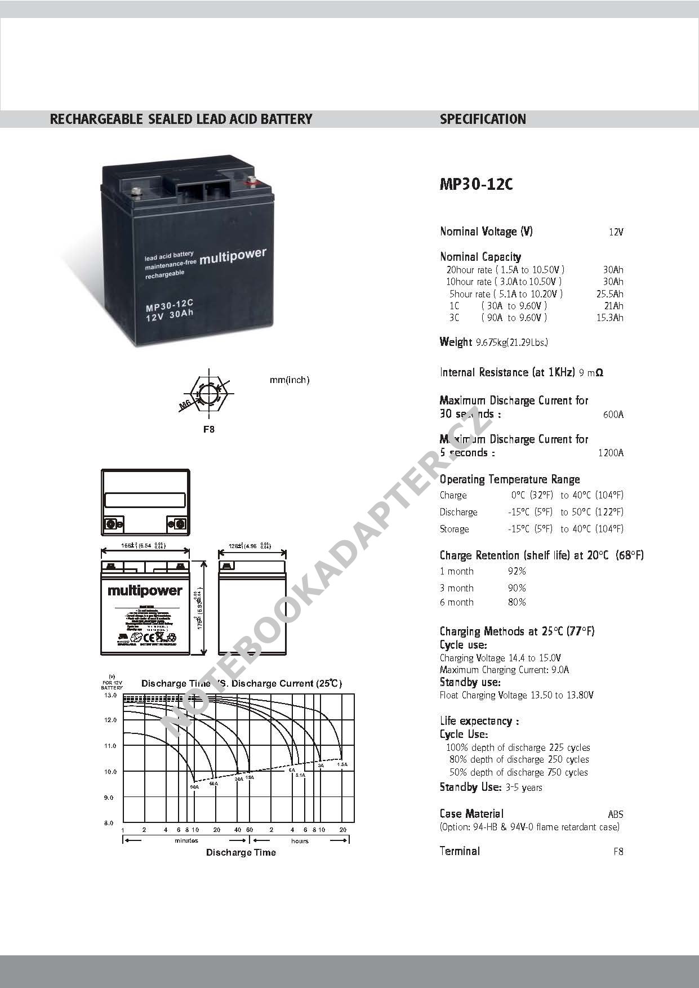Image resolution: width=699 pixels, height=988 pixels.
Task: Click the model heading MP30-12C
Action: [x=476, y=185]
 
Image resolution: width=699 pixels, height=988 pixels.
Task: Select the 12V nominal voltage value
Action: [x=616, y=232]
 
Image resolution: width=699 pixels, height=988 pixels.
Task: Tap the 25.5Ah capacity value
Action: [x=609, y=294]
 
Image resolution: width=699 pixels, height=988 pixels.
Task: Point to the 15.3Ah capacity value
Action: [x=609, y=318]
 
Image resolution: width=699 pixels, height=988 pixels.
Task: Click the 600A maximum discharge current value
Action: [x=613, y=415]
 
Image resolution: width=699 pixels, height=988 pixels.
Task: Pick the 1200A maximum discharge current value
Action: [x=611, y=453]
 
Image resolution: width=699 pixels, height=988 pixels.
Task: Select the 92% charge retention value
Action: [x=517, y=571]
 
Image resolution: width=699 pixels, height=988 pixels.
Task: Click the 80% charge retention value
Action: [x=517, y=602]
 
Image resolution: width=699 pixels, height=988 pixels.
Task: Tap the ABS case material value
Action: [x=615, y=814]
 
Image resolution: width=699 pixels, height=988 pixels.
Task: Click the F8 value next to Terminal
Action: [x=618, y=852]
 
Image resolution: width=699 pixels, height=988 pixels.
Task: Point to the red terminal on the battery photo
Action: [x=252, y=181]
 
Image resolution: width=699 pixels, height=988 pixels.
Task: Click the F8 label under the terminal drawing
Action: [x=209, y=429]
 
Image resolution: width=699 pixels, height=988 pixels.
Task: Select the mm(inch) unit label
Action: [x=290, y=380]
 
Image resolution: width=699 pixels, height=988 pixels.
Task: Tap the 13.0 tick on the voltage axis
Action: [x=110, y=695]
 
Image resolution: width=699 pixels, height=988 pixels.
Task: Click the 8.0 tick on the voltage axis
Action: [x=109, y=823]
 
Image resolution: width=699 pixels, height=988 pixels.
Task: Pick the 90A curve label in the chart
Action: [x=194, y=786]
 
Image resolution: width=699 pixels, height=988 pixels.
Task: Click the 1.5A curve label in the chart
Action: [x=342, y=764]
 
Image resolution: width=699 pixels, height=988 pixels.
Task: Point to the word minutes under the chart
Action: [x=186, y=840]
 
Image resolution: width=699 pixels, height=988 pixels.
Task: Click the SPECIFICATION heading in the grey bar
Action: [x=483, y=119]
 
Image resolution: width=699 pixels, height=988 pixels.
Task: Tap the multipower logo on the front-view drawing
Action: [x=145, y=590]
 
